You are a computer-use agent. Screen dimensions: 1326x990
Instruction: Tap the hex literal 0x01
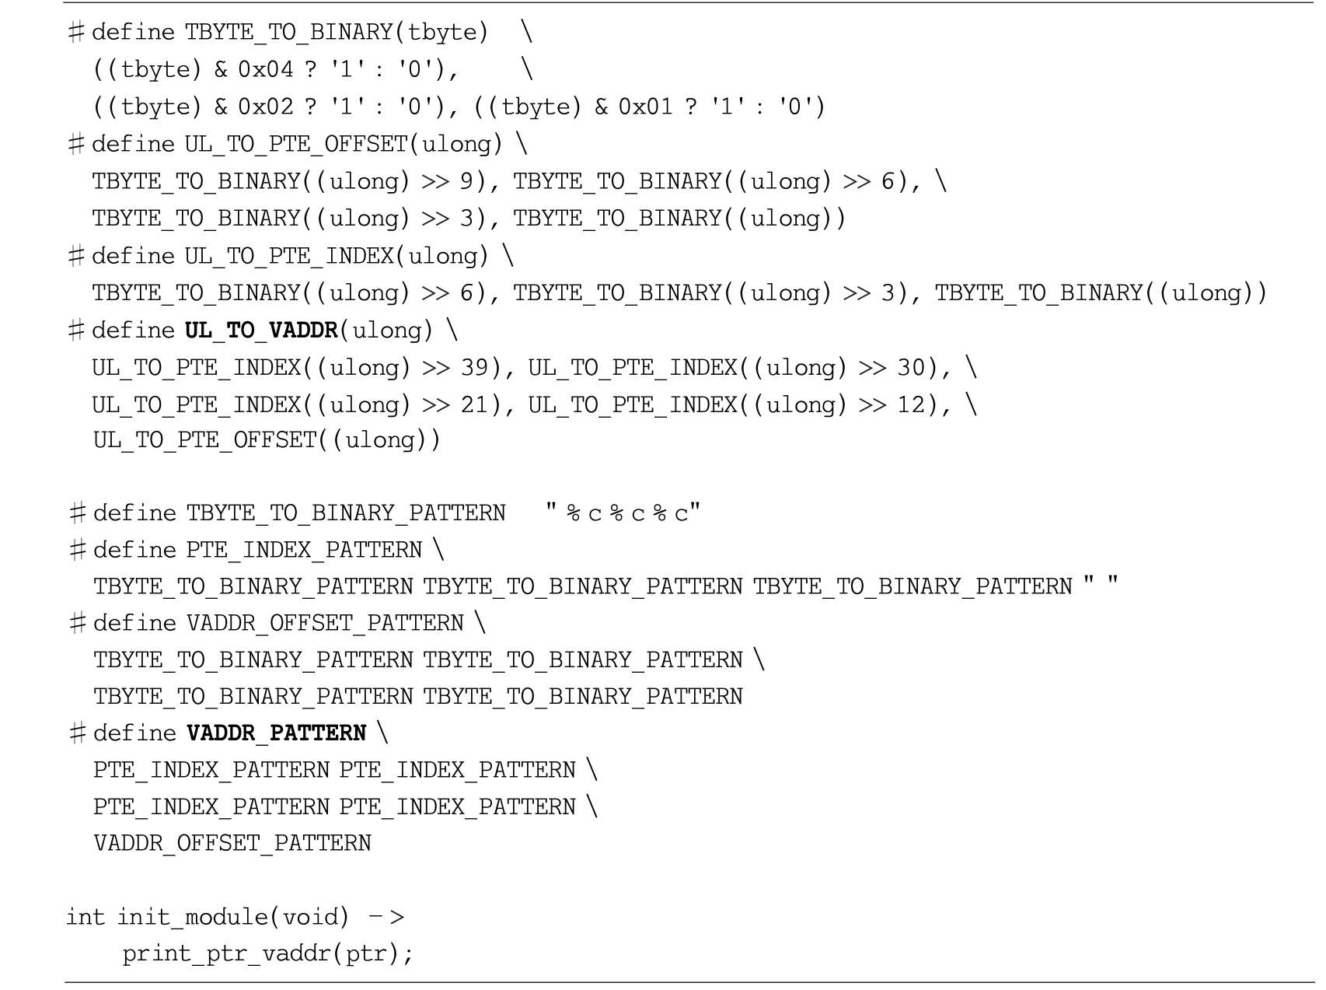[x=646, y=107]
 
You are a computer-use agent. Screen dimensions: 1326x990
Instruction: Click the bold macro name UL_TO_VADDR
[x=261, y=331]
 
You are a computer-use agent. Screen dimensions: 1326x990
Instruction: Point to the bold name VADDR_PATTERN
[x=276, y=733]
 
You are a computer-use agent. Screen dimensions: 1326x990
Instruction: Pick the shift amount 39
[x=474, y=367]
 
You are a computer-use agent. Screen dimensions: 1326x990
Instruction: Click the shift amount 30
[x=911, y=367]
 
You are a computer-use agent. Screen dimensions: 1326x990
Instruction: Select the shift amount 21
[x=474, y=404]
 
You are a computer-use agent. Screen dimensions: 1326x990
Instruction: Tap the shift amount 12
[x=911, y=404]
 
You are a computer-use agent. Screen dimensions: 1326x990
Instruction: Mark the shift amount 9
[x=466, y=181]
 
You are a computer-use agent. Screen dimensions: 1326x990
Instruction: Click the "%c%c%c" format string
[x=623, y=513]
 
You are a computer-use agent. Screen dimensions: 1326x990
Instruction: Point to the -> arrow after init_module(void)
[x=386, y=918]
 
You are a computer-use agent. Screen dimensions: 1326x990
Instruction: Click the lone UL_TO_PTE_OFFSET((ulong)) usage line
[x=267, y=441]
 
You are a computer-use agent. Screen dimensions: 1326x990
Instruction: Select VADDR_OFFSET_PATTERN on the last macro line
[x=232, y=844]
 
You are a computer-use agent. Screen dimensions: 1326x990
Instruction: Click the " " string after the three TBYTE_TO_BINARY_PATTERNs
[x=1101, y=585]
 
